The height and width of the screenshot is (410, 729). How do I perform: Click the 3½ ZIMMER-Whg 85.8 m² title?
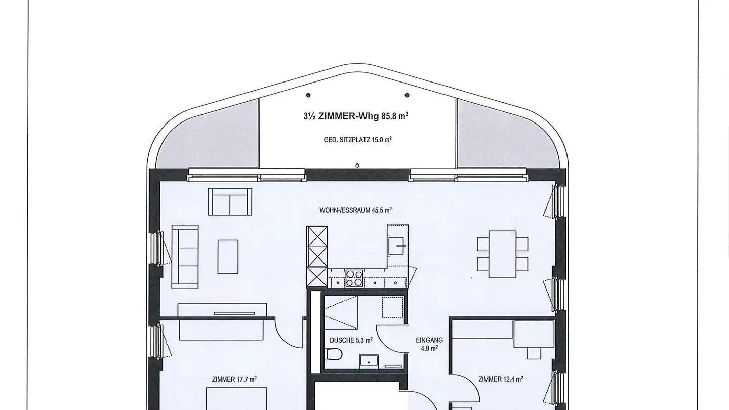pyautogui.click(x=356, y=116)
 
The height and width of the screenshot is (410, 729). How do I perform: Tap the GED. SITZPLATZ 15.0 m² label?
pyautogui.click(x=357, y=140)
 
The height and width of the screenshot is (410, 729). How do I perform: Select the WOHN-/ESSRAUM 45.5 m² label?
pyautogui.click(x=355, y=210)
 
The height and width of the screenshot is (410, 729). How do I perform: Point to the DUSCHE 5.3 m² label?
pyautogui.click(x=351, y=340)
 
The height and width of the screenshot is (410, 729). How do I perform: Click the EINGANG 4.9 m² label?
pyautogui.click(x=429, y=344)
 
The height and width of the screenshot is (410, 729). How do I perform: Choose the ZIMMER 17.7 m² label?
pyautogui.click(x=234, y=379)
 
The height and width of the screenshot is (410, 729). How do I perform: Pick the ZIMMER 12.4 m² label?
pyautogui.click(x=501, y=379)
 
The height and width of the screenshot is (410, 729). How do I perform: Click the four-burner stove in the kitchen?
pyautogui.click(x=354, y=278)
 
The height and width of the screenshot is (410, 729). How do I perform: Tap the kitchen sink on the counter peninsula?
pyautogui.click(x=396, y=245)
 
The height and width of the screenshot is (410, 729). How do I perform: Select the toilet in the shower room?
pyautogui.click(x=333, y=354)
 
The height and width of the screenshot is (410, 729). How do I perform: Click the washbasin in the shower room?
pyautogui.click(x=369, y=362)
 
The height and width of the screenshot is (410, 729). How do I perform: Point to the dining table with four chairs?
pyautogui.click(x=503, y=254)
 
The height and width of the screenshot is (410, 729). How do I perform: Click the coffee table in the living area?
pyautogui.click(x=228, y=257)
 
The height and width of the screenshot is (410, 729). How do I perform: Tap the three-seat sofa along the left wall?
pyautogui.click(x=185, y=257)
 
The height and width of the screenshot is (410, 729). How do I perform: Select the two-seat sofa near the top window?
pyautogui.click(x=230, y=202)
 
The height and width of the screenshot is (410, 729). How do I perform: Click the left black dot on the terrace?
pyautogui.click(x=308, y=95)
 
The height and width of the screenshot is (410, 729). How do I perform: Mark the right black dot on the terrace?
pyautogui.click(x=407, y=95)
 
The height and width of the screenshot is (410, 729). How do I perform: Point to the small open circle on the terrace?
pyautogui.click(x=357, y=166)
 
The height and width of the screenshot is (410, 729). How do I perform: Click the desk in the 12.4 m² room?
pyautogui.click(x=534, y=334)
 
